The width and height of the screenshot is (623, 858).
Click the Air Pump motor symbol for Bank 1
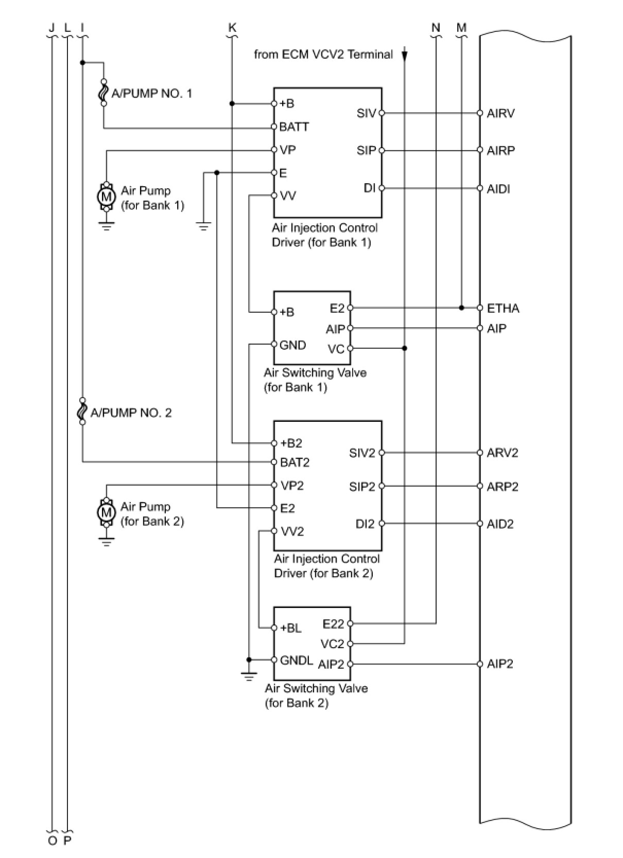[106, 196]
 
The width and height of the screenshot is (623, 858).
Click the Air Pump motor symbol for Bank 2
[106, 512]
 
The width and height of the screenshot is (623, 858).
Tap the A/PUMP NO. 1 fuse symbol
[103, 93]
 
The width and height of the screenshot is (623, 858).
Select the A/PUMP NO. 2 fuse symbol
[82, 412]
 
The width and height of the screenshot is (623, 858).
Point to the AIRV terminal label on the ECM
[500, 113]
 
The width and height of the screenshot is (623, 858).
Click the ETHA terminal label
[503, 308]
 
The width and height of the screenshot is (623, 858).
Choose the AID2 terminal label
[500, 524]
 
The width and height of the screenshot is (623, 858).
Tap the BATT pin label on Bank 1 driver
[294, 127]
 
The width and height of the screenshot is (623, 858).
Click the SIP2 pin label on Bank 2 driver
[362, 487]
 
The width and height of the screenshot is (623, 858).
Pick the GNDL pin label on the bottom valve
[297, 660]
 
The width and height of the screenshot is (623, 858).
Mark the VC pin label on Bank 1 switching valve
[336, 349]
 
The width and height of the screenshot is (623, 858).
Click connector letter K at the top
[232, 28]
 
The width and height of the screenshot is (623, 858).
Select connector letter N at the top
[436, 28]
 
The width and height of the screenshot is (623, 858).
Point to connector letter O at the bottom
[52, 841]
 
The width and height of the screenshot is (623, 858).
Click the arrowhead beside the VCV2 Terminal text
[405, 55]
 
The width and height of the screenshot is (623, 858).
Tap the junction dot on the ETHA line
[461, 308]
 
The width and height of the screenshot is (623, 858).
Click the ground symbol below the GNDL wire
[249, 676]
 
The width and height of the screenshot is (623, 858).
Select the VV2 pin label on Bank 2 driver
[292, 532]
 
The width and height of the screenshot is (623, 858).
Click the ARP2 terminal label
[503, 487]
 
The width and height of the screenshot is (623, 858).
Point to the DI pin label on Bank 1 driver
[369, 188]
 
